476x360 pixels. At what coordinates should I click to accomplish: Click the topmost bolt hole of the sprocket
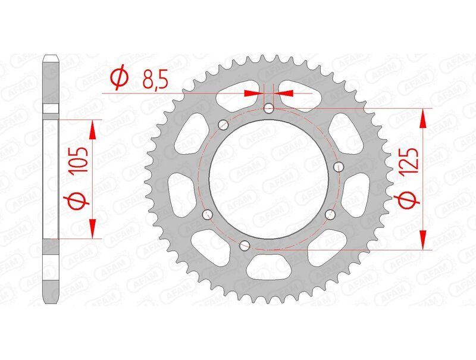[x=269, y=108]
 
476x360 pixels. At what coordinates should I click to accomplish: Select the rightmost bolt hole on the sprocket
[x=339, y=166]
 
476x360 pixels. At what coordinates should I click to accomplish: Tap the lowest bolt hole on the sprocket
[x=243, y=245]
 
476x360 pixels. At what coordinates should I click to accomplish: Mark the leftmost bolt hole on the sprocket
[x=206, y=214]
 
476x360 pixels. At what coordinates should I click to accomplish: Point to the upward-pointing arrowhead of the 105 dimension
[x=93, y=128]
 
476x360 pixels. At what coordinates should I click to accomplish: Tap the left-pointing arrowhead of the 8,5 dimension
[x=283, y=93]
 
